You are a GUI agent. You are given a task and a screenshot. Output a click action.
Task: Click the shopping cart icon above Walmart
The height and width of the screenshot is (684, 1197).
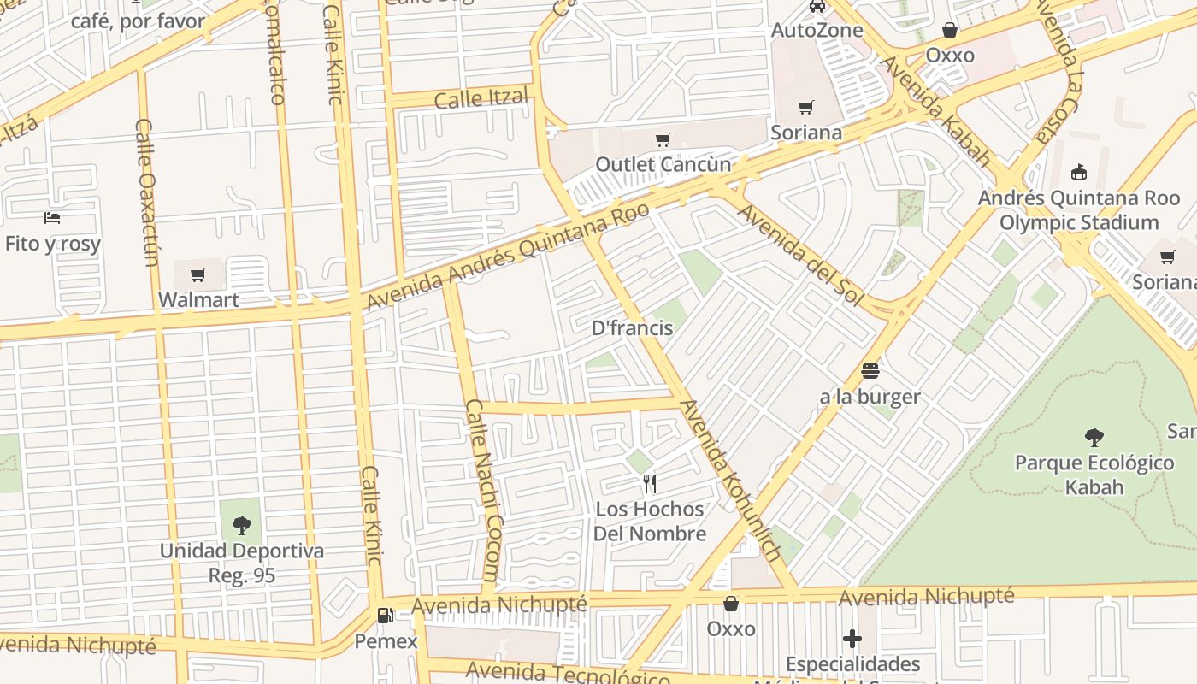pos(198,274)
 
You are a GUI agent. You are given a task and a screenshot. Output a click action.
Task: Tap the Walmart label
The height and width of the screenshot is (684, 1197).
pos(198,300)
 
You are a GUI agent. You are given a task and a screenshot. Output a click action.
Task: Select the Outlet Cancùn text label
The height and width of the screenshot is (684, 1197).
pos(663,164)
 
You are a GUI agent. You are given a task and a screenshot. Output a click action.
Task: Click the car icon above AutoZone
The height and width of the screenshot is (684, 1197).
pos(817,6)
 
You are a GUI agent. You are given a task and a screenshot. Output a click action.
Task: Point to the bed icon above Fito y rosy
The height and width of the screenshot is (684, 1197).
pos(53,218)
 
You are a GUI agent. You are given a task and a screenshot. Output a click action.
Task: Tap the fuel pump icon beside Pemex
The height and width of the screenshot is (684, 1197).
pos(386,616)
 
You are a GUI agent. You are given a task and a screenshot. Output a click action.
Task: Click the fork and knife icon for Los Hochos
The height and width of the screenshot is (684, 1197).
pos(650,484)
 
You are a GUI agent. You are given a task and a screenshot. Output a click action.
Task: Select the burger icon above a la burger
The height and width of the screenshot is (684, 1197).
pos(870,371)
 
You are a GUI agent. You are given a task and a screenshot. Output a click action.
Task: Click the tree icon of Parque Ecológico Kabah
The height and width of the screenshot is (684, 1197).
pos(1094,438)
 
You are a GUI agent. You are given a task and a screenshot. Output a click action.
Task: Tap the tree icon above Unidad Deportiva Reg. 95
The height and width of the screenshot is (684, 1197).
pos(242,525)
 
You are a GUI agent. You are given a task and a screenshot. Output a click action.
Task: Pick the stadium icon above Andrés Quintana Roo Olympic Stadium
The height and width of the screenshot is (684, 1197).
pos(1079,173)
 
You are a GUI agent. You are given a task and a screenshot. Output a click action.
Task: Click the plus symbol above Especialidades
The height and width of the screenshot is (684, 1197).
pos(852,639)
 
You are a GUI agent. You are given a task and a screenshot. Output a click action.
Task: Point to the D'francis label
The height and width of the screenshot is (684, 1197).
pos(633,328)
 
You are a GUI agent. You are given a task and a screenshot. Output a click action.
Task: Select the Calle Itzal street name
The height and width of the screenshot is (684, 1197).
pos(481,98)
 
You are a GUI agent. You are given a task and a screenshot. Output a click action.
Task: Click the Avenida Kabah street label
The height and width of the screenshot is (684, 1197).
pos(936,111)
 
